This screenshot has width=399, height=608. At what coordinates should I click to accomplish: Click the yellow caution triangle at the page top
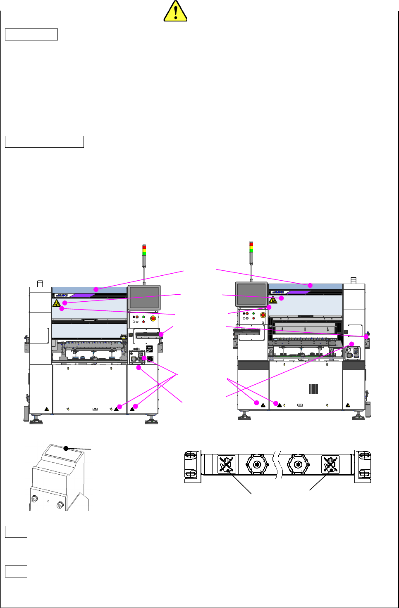[175, 11]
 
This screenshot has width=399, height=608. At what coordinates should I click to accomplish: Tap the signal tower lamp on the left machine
[144, 250]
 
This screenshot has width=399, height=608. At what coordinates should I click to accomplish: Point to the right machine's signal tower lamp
[251, 247]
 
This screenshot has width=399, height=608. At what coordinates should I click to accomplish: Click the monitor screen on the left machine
[144, 297]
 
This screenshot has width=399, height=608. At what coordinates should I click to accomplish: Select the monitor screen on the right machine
[251, 294]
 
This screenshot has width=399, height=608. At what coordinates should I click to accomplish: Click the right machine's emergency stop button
[263, 315]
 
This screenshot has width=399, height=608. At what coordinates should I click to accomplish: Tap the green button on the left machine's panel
[143, 317]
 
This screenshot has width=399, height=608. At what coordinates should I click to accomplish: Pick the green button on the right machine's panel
[253, 314]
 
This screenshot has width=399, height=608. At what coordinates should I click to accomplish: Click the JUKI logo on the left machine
[62, 296]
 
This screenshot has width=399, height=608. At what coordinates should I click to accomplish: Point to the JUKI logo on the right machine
[278, 292]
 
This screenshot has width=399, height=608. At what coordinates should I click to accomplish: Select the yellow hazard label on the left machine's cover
[57, 304]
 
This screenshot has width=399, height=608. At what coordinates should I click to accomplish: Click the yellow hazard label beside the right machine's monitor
[273, 300]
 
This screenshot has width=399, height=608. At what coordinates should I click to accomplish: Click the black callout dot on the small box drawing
[66, 448]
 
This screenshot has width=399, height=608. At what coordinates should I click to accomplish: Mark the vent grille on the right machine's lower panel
[313, 389]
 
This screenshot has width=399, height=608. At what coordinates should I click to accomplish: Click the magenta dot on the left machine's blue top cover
[96, 290]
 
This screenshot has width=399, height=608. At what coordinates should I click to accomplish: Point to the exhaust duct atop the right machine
[354, 281]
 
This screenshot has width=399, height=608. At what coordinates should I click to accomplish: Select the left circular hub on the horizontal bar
[257, 465]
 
